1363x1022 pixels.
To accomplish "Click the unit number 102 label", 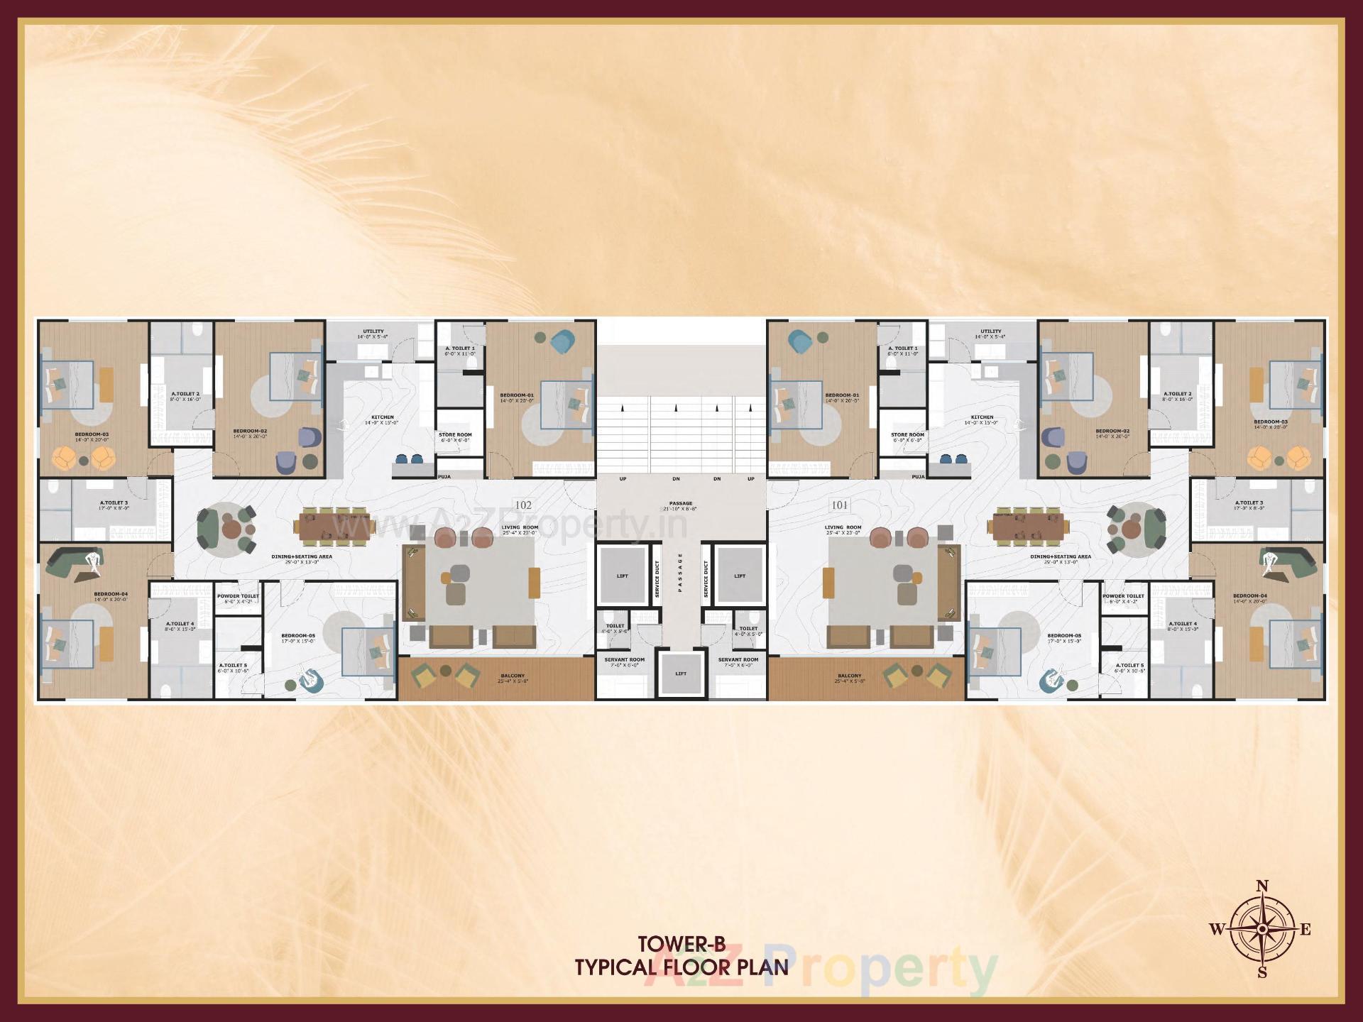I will pos(523,505).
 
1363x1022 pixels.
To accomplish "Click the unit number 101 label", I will pos(839,505).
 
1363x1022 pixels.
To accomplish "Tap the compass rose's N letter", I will pos(1262,886).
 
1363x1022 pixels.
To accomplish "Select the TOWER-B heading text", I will pos(681,944).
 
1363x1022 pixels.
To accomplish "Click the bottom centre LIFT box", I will pos(681,673).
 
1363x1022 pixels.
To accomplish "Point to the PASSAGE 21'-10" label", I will pos(681,506).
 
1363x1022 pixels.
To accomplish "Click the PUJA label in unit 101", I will pos(918,477).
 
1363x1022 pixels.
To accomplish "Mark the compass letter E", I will pos(1305,930).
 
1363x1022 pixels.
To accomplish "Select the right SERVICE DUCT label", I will pos(706,578).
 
